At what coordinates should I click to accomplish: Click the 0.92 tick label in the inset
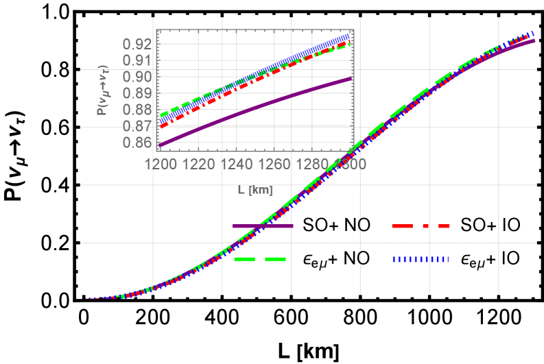pos(137,44)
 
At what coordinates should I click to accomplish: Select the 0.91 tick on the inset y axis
pos(137,60)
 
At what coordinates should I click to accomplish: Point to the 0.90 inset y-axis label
pos(137,77)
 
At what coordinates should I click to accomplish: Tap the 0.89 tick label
pos(137,93)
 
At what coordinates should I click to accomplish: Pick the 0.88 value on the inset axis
pos(137,110)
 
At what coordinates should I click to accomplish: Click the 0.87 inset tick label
pos(137,126)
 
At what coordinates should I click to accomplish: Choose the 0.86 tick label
pos(137,143)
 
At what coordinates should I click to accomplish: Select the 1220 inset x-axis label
pos(199,165)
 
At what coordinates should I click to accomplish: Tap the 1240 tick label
pos(237,165)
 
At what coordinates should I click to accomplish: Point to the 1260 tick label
pos(276,165)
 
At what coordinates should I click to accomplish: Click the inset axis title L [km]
pos(255,190)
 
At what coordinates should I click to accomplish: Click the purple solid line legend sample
pos(262,226)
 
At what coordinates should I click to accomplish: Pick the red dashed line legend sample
pos(420,226)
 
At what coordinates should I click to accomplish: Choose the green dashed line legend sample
pos(259,259)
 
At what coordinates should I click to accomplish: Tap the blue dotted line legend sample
pos(420,260)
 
